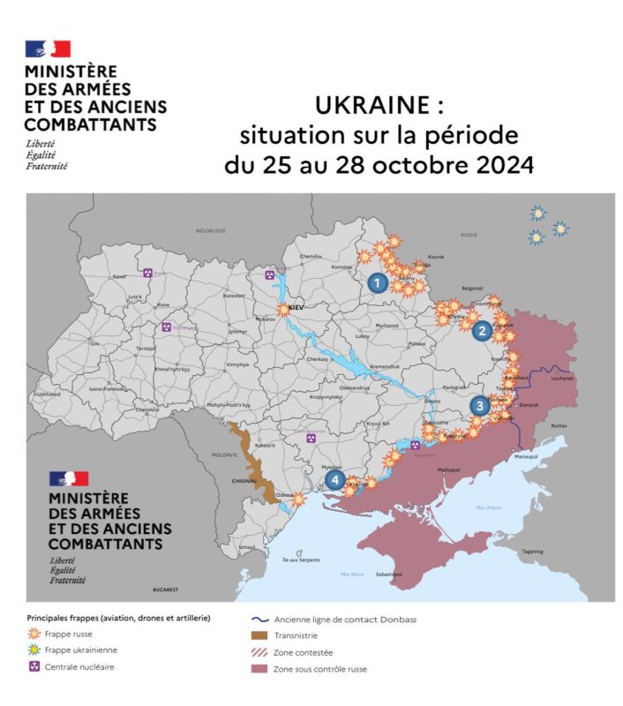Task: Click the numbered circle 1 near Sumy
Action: point(378,282)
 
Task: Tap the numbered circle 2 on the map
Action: point(482,332)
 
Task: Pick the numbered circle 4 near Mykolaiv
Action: point(335,480)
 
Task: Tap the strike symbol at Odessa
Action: point(299,499)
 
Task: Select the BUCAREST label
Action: point(164,589)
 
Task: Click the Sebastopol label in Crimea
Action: point(389,575)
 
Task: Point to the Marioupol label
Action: point(526,456)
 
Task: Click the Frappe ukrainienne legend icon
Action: point(36,650)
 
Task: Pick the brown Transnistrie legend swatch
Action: point(259,635)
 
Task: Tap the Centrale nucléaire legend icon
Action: point(36,667)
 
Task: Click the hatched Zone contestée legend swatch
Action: point(259,652)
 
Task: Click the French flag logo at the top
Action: point(48,49)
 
